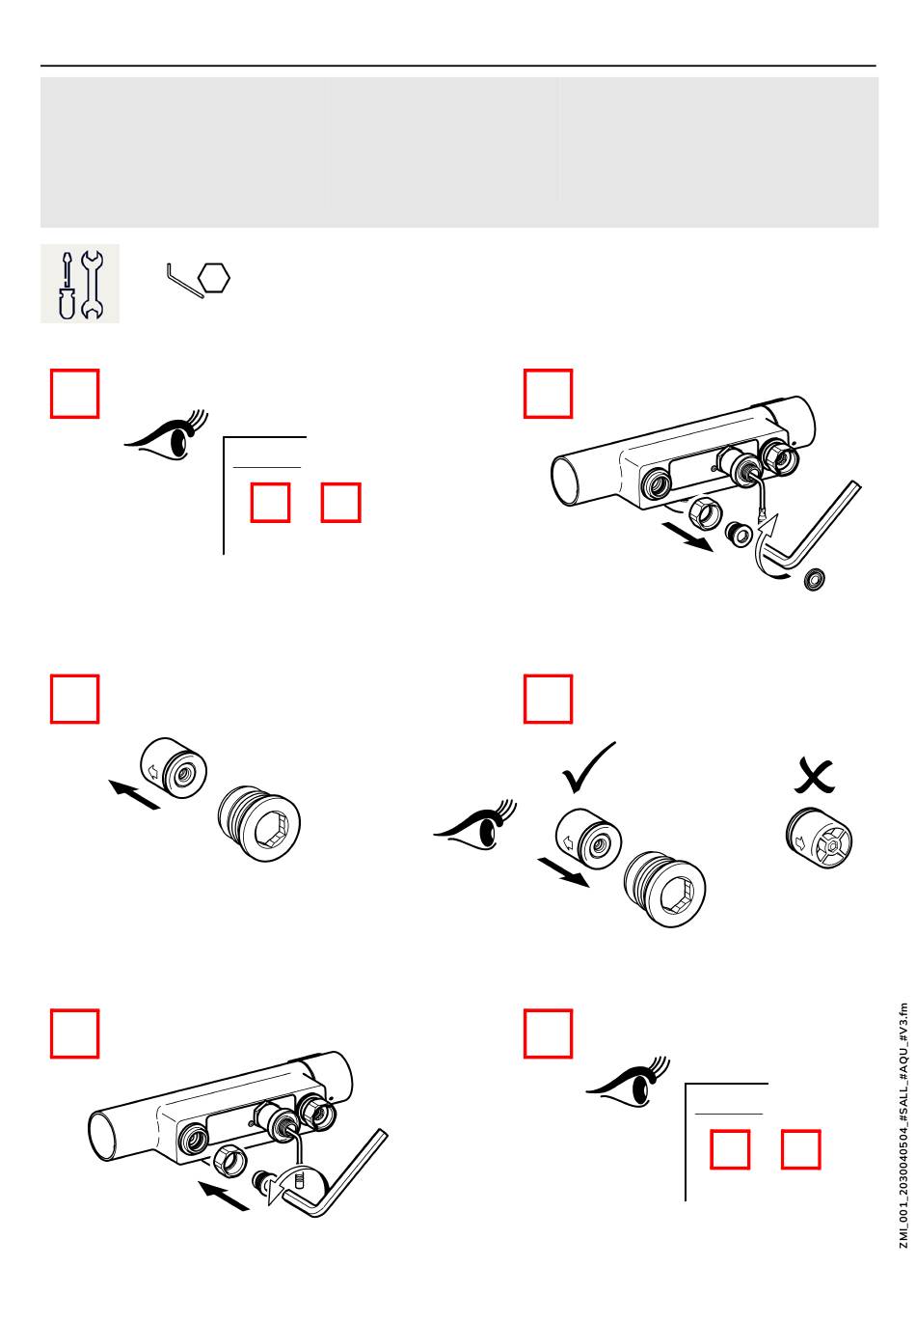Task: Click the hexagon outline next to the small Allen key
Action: pos(214,279)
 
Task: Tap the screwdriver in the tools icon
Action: pos(66,286)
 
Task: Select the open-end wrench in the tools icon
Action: pos(93,285)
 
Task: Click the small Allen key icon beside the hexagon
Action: pos(180,281)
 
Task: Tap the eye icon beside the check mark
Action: pos(476,826)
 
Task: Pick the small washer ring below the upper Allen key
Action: pos(814,580)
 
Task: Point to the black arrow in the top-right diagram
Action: pos(687,537)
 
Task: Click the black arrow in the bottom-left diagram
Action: pos(225,1197)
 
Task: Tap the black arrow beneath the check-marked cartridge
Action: pos(564,873)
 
